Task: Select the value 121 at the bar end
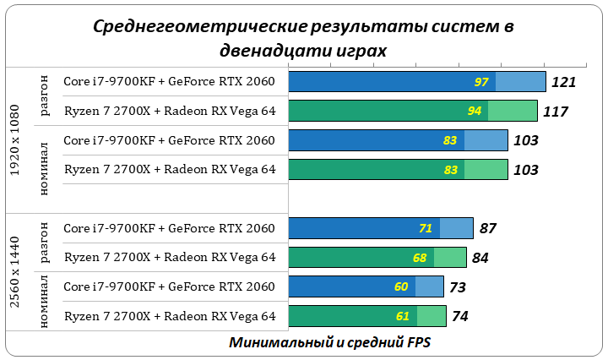(562, 82)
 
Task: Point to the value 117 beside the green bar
(555, 112)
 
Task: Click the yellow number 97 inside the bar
(482, 82)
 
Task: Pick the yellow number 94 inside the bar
(475, 112)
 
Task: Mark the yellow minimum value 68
(420, 258)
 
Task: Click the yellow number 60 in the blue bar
(401, 286)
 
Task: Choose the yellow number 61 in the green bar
(403, 316)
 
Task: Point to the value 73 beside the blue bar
(458, 287)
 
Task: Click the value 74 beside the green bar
(459, 317)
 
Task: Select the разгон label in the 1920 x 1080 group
(46, 96)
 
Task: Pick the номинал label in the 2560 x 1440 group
(46, 301)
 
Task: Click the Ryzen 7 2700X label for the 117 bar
(170, 111)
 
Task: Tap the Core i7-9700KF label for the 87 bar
(169, 227)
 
